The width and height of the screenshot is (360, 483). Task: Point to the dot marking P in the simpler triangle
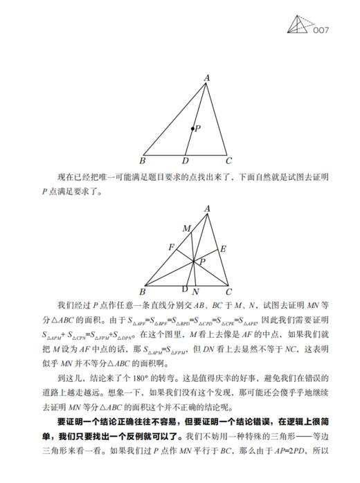192,129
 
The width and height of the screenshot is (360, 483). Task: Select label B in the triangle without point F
143,161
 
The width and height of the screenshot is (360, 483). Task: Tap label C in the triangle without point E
229,161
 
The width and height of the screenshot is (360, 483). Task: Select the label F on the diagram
171,246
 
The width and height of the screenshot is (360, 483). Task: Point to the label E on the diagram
223,248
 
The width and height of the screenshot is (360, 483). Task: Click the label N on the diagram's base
196,291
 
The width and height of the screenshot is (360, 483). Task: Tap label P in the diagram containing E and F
203,262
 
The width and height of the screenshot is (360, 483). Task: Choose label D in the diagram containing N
184,289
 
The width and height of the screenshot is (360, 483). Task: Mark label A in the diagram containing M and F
206,208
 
